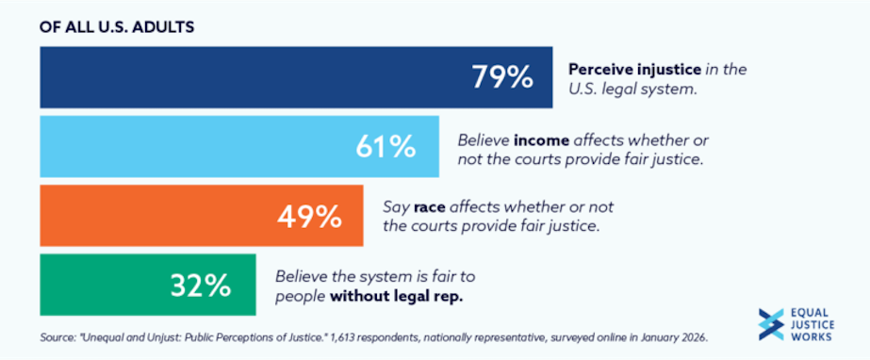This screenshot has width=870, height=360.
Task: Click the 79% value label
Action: [x=502, y=77]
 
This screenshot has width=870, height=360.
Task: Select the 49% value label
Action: [x=309, y=216]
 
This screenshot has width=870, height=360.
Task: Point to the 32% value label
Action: [x=201, y=285]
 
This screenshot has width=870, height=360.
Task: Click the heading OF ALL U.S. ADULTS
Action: [x=117, y=26]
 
